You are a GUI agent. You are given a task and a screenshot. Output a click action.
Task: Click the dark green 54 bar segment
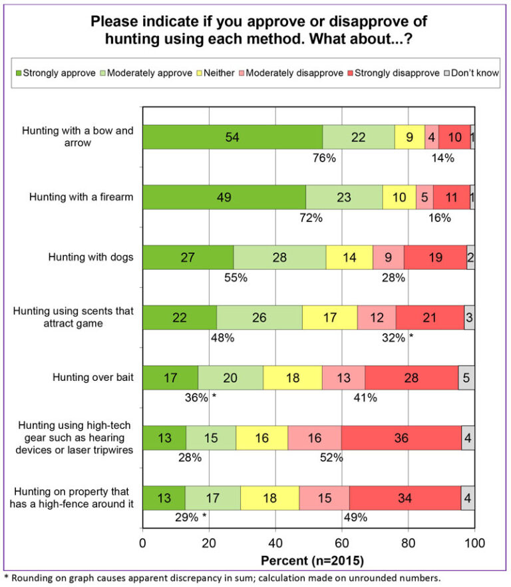[x=232, y=137]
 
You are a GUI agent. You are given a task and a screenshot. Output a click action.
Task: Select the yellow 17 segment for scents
[x=329, y=318]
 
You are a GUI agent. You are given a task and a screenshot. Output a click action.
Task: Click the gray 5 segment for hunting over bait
[x=466, y=378]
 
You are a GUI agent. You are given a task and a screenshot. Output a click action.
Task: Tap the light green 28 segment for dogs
[x=279, y=257]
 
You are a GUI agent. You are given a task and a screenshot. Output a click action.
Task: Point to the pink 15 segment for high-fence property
[x=323, y=498]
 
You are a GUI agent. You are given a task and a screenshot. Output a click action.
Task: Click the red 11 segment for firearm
[x=451, y=197]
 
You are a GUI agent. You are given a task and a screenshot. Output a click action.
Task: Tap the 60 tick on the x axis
[x=341, y=543]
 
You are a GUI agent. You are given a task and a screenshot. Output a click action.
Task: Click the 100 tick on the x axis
[x=474, y=543]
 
